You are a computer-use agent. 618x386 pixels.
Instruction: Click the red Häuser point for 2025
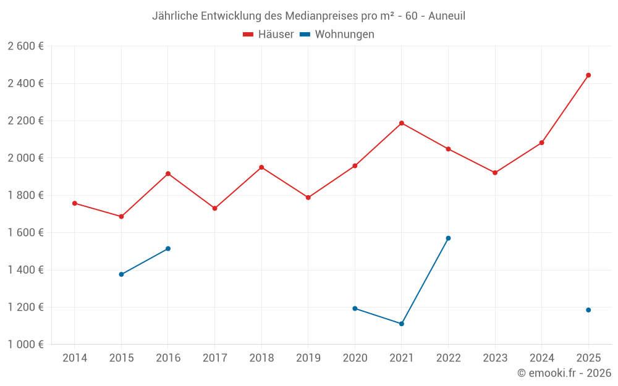click(588, 75)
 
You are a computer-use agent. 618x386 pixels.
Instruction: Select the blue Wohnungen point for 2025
click(588, 310)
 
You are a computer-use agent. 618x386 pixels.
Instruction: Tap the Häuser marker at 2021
click(402, 123)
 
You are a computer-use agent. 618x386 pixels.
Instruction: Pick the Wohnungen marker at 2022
click(448, 238)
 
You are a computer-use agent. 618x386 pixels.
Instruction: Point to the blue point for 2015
click(121, 274)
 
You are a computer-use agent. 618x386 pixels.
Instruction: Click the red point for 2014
click(75, 203)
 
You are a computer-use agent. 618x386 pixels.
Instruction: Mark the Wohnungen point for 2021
click(402, 324)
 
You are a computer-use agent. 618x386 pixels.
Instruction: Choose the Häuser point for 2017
click(214, 209)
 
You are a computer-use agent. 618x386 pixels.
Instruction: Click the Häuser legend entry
click(268, 35)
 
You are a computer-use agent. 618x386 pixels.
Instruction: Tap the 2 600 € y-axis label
click(25, 46)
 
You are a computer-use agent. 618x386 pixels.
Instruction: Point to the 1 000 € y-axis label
click(25, 345)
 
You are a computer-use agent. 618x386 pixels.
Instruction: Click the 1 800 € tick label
click(25, 195)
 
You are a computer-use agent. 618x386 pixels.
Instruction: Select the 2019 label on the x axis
click(308, 358)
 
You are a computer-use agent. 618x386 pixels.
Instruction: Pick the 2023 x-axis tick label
click(495, 358)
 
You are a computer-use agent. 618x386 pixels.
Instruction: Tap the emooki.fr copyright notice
click(564, 373)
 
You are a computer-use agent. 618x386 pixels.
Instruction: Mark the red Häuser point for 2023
click(495, 173)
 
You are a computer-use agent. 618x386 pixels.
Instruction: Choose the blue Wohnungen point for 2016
click(168, 249)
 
